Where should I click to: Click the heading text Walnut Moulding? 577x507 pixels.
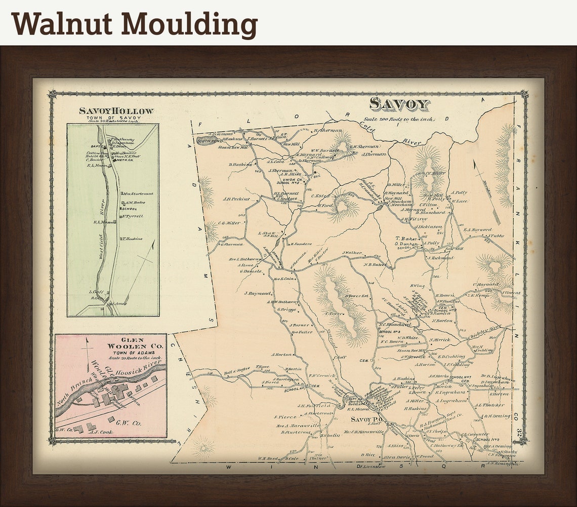tap(135, 24)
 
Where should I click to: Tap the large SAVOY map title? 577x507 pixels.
tap(399, 104)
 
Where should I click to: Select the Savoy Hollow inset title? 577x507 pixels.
tap(116, 110)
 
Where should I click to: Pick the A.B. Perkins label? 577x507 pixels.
tap(236, 199)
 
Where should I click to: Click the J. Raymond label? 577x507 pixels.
tap(258, 293)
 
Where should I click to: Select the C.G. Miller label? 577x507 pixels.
tap(229, 223)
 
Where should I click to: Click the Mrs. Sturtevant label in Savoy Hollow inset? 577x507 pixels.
tap(138, 193)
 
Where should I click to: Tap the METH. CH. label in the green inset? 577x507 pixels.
tap(125, 161)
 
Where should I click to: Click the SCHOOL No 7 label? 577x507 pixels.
tap(461, 377)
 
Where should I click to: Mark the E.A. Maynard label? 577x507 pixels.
tap(477, 229)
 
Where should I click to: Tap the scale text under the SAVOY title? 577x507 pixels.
tap(397, 119)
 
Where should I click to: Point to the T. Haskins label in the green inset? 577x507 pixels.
tap(133, 239)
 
